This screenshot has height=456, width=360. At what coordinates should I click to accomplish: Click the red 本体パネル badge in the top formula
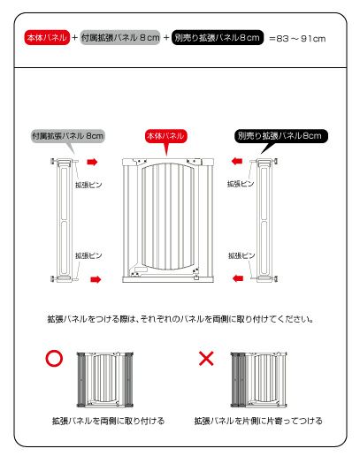click(x=47, y=37)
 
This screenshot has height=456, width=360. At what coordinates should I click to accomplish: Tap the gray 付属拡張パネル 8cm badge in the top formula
click(x=120, y=37)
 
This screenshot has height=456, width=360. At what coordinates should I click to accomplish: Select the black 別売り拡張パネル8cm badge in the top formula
click(x=218, y=37)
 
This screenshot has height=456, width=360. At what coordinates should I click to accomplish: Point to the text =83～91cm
click(x=297, y=39)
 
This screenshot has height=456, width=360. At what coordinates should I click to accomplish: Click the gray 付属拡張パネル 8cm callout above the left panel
click(x=68, y=136)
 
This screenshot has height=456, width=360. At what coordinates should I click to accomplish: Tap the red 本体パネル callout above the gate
click(x=166, y=136)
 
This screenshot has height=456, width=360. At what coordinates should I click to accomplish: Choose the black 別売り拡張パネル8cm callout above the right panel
click(x=281, y=136)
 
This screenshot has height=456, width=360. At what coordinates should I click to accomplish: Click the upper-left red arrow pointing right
click(x=92, y=162)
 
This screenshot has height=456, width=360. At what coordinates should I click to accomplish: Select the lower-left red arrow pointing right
click(x=96, y=279)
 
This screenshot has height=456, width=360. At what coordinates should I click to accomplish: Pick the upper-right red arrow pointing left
click(x=237, y=161)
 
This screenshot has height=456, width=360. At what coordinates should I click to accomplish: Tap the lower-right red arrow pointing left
click(x=238, y=278)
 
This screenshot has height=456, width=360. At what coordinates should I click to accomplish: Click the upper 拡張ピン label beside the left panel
click(x=88, y=185)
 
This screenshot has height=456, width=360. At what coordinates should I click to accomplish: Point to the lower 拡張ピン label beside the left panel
click(x=88, y=255)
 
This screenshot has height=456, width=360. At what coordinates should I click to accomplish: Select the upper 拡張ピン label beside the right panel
click(x=241, y=184)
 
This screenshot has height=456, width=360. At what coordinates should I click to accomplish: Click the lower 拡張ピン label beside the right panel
click(x=241, y=255)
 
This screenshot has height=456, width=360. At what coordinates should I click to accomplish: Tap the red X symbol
click(x=206, y=359)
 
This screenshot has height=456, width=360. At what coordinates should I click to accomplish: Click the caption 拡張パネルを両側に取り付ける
click(x=108, y=421)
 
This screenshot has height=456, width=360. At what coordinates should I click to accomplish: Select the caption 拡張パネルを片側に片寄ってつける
click(x=258, y=421)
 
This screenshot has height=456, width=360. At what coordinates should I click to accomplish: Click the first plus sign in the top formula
click(x=75, y=38)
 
